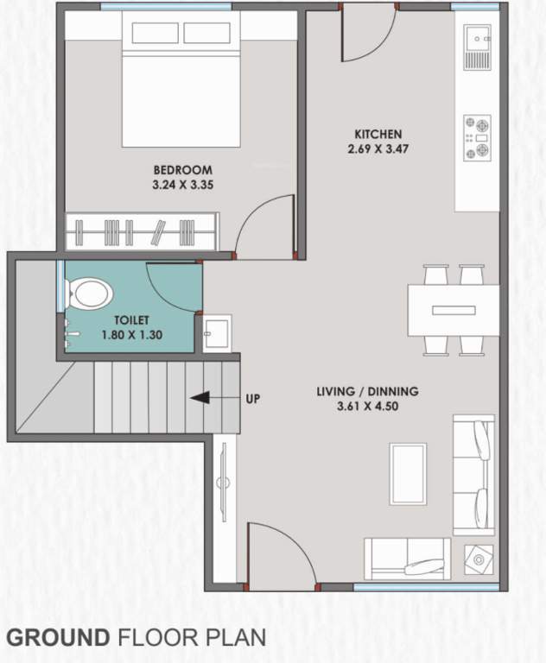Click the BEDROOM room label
click(x=182, y=170)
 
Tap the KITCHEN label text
click(x=378, y=134)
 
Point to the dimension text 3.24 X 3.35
click(x=182, y=184)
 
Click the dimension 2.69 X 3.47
click(x=378, y=148)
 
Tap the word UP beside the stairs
click(x=252, y=399)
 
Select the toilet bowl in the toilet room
click(x=86, y=294)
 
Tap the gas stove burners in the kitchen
click(x=477, y=137)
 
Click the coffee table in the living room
click(x=408, y=472)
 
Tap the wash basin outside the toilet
click(x=216, y=331)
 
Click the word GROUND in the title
click(x=57, y=638)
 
